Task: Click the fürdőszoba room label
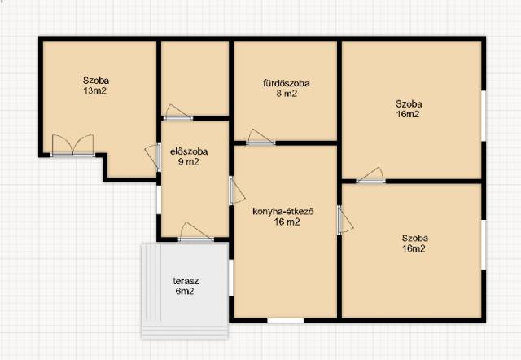[286, 83]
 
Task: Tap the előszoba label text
[189, 151]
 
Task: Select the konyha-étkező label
[283, 212]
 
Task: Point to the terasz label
[186, 281]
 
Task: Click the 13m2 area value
[95, 90]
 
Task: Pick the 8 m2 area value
[287, 94]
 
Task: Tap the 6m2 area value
[185, 292]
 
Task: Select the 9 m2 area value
[188, 162]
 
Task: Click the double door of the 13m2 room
[72, 145]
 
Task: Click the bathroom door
[260, 137]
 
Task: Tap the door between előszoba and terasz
[196, 231]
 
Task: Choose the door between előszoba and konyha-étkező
[237, 191]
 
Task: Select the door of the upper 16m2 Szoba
[371, 175]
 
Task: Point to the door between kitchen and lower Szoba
[345, 220]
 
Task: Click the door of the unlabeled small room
[177, 112]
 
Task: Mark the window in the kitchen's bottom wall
[286, 321]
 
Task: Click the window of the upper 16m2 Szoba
[484, 116]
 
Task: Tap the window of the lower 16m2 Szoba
[484, 244]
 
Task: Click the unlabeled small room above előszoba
[195, 78]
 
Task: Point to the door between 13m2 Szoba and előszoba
[153, 157]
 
